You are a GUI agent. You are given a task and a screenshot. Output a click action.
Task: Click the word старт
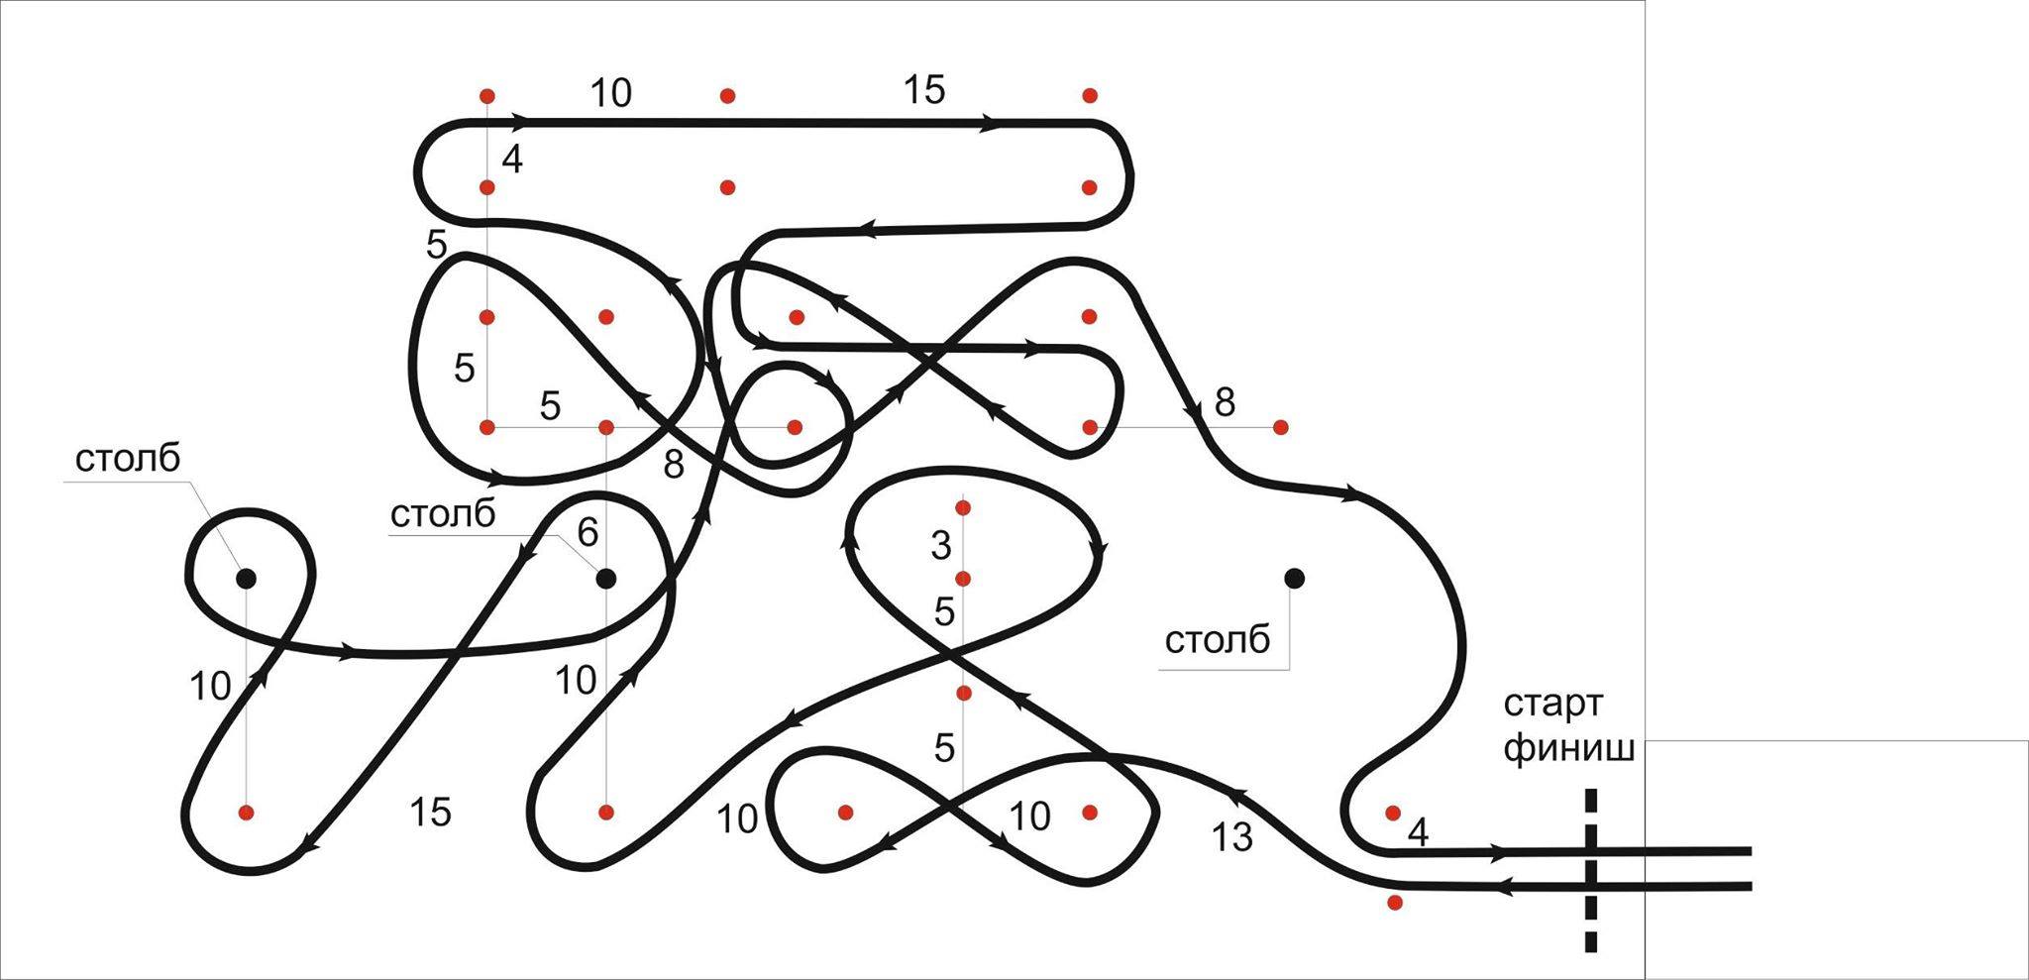point(1552,705)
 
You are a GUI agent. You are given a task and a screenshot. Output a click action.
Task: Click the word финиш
point(1568,749)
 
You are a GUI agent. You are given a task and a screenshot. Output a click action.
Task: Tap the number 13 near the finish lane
point(1232,838)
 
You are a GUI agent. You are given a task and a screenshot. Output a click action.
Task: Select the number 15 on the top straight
point(924,90)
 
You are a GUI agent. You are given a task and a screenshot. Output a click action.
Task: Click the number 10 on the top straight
point(610,93)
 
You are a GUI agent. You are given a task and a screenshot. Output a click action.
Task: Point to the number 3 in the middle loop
point(941,545)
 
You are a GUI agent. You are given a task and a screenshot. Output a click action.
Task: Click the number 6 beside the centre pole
point(587,533)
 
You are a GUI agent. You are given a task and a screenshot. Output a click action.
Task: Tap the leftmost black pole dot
point(246,578)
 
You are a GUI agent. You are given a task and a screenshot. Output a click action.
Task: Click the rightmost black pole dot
point(1294,578)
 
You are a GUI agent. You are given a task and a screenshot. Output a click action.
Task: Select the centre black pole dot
point(606,578)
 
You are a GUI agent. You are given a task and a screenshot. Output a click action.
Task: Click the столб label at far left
point(128,459)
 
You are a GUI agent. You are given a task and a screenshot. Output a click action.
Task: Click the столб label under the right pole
point(1217,641)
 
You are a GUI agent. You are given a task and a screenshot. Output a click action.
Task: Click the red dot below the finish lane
point(1395,903)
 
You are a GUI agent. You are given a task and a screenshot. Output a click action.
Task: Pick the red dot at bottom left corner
point(247,813)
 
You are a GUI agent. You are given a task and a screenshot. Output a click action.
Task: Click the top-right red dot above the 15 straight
point(1090,96)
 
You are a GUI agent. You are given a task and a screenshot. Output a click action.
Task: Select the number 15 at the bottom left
point(430,813)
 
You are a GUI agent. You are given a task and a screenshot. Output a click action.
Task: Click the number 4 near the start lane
point(1418,833)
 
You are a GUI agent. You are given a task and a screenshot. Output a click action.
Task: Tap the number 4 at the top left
point(511,159)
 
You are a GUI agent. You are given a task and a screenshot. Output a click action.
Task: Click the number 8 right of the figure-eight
point(1225,403)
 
